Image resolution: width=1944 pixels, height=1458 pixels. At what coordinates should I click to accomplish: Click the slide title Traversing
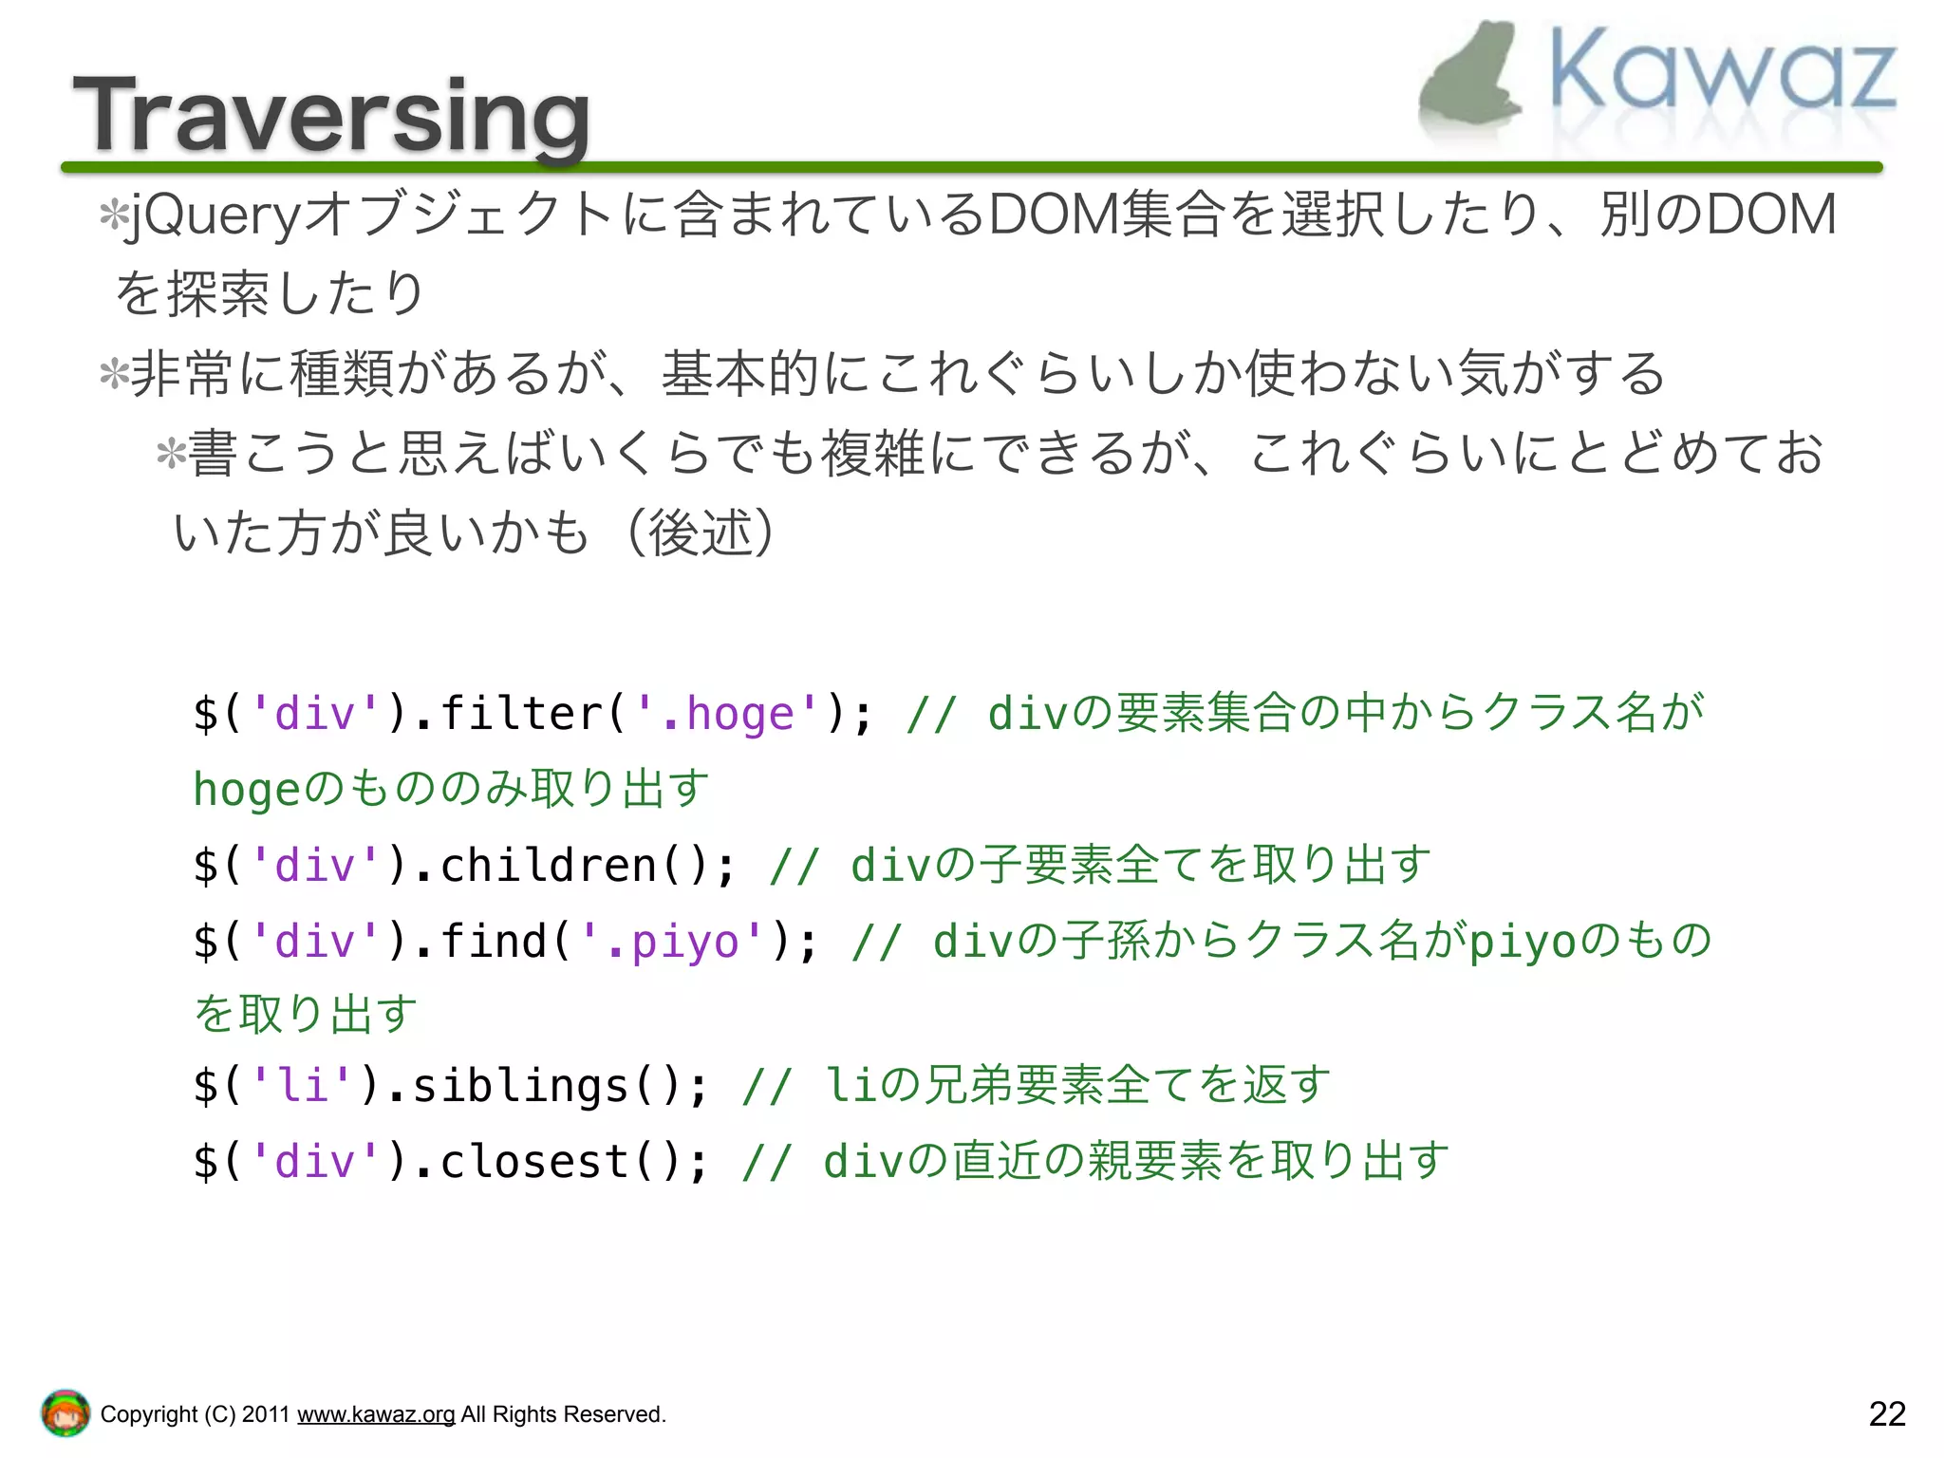tap(331, 116)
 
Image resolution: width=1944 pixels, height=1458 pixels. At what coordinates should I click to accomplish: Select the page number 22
tap(1886, 1413)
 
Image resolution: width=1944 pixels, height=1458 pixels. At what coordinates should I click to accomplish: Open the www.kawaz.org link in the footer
tap(376, 1414)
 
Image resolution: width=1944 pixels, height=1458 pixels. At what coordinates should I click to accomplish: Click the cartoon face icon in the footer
tap(65, 1413)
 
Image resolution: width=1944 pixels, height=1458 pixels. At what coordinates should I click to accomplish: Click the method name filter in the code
tap(521, 714)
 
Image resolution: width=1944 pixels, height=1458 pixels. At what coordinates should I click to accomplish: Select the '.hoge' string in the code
tap(727, 714)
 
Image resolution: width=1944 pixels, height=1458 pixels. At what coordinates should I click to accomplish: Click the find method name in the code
tap(494, 942)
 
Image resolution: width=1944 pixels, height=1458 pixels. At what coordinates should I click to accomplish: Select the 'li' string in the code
tap(302, 1086)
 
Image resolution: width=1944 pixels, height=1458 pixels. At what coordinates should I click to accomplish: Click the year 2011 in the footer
tap(265, 1414)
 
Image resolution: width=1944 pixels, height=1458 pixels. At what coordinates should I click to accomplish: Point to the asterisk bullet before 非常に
tap(114, 373)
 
